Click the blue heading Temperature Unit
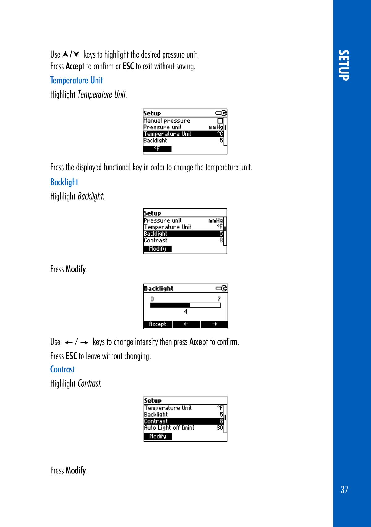[x=76, y=81]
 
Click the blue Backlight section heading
[x=64, y=182]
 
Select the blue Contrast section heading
[x=62, y=369]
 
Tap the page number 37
[x=344, y=490]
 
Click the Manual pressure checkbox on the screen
[x=220, y=121]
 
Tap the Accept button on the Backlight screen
[x=158, y=324]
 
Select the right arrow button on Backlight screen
[x=214, y=324]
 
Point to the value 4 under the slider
[x=185, y=312]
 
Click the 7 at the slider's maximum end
[x=219, y=299]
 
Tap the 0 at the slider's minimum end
[x=152, y=299]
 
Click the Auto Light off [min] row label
[x=169, y=428]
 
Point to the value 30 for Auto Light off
[x=220, y=428]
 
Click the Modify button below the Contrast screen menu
[x=158, y=436]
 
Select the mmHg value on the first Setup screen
[x=215, y=127]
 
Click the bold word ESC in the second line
[x=128, y=67]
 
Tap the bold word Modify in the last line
[x=76, y=470]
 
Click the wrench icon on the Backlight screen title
[x=222, y=289]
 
